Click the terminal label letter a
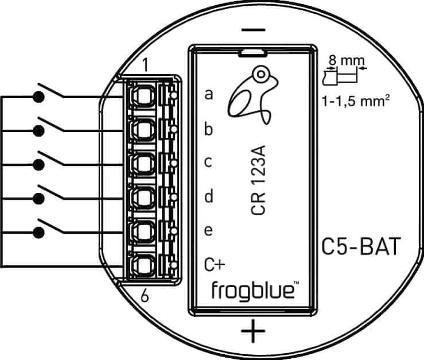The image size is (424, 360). pos(209,94)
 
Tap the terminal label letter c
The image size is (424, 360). pos(209,162)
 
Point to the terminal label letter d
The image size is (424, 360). pos(209,196)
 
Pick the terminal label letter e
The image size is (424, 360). pos(209,231)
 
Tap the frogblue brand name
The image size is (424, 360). pos(254,291)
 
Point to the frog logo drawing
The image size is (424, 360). pos(250,94)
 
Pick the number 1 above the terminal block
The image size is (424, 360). pos(145,66)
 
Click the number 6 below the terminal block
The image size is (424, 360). pos(145,296)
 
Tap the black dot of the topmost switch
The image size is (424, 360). pos(39,97)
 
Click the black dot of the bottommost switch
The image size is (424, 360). pos(39,233)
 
